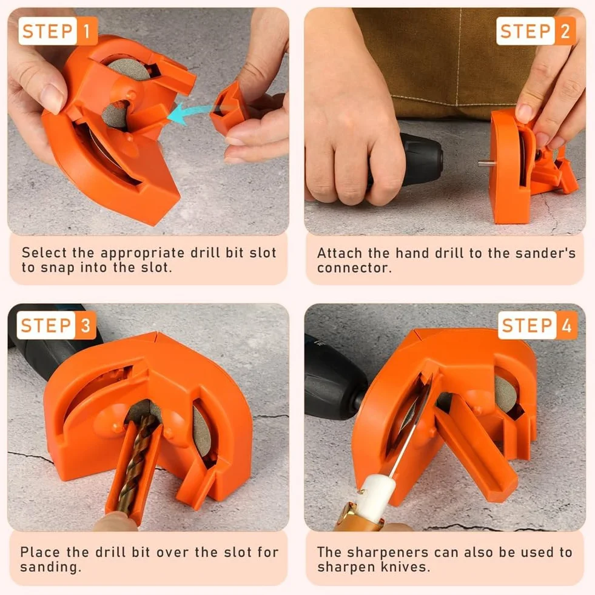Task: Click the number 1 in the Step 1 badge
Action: click(x=87, y=31)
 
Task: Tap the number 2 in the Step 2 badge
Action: click(x=565, y=31)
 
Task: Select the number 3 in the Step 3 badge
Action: click(x=86, y=326)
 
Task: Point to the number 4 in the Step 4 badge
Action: click(x=566, y=326)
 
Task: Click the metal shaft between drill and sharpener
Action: click(x=485, y=164)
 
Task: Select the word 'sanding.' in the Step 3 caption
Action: click(x=50, y=567)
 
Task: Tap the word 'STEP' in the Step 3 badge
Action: click(x=46, y=326)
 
